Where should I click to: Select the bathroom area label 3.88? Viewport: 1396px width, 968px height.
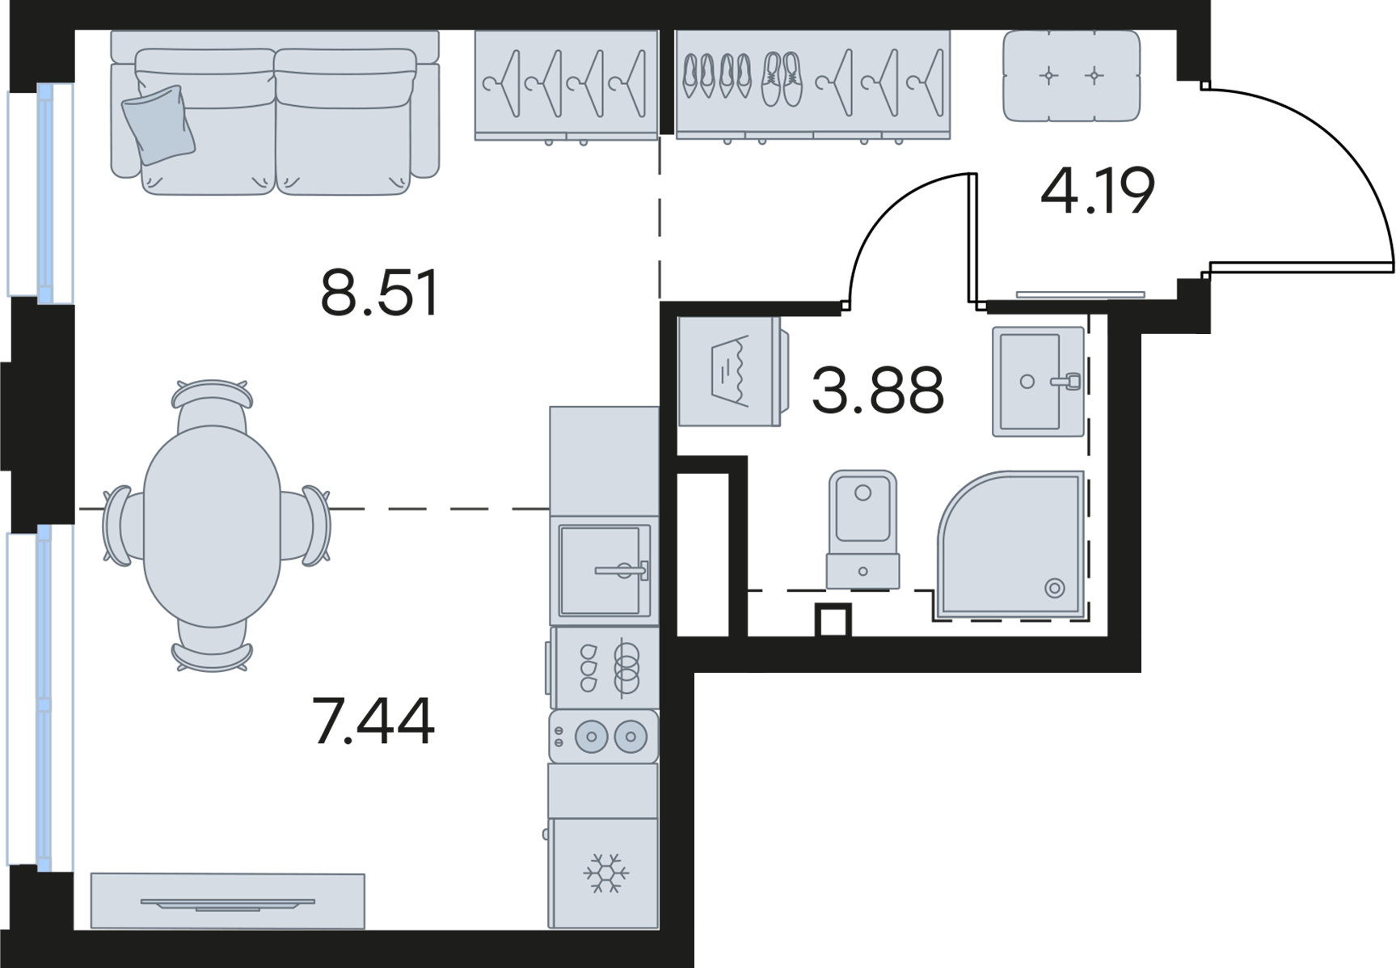pos(878,390)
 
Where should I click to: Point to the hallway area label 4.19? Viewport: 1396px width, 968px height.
pos(1098,191)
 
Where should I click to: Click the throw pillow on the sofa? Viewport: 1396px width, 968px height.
pos(159,125)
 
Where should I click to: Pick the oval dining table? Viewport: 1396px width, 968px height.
pos(213,526)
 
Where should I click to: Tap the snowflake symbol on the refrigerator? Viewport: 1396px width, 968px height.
pos(606,873)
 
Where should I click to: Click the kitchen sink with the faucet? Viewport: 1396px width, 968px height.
pos(605,570)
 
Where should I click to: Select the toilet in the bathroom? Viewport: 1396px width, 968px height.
pos(862,529)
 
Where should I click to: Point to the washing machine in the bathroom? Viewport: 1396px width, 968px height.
pos(729,371)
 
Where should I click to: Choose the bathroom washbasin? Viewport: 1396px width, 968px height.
pos(1038,382)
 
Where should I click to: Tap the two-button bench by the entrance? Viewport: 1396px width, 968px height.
pos(1071,76)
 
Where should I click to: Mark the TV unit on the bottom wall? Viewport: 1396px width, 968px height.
pos(227,901)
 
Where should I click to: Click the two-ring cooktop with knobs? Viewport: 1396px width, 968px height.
pos(604,737)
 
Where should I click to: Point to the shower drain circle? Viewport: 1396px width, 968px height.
pos(1054,588)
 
